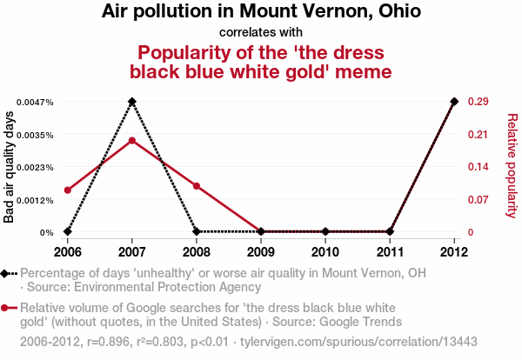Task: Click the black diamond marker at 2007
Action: [x=131, y=102]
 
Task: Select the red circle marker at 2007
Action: [x=131, y=140]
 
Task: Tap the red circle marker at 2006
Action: [x=67, y=190]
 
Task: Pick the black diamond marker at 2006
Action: [x=67, y=232]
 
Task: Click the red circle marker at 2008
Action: [x=197, y=186]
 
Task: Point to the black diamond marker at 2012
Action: [x=454, y=102]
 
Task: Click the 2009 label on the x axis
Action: [x=261, y=252]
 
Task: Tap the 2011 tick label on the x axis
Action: [x=390, y=252]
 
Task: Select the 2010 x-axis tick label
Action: [x=325, y=252]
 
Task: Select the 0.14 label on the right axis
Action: [x=477, y=167]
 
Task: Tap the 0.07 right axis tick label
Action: [x=477, y=200]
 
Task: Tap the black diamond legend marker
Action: [x=7, y=273]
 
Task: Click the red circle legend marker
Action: [x=7, y=308]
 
